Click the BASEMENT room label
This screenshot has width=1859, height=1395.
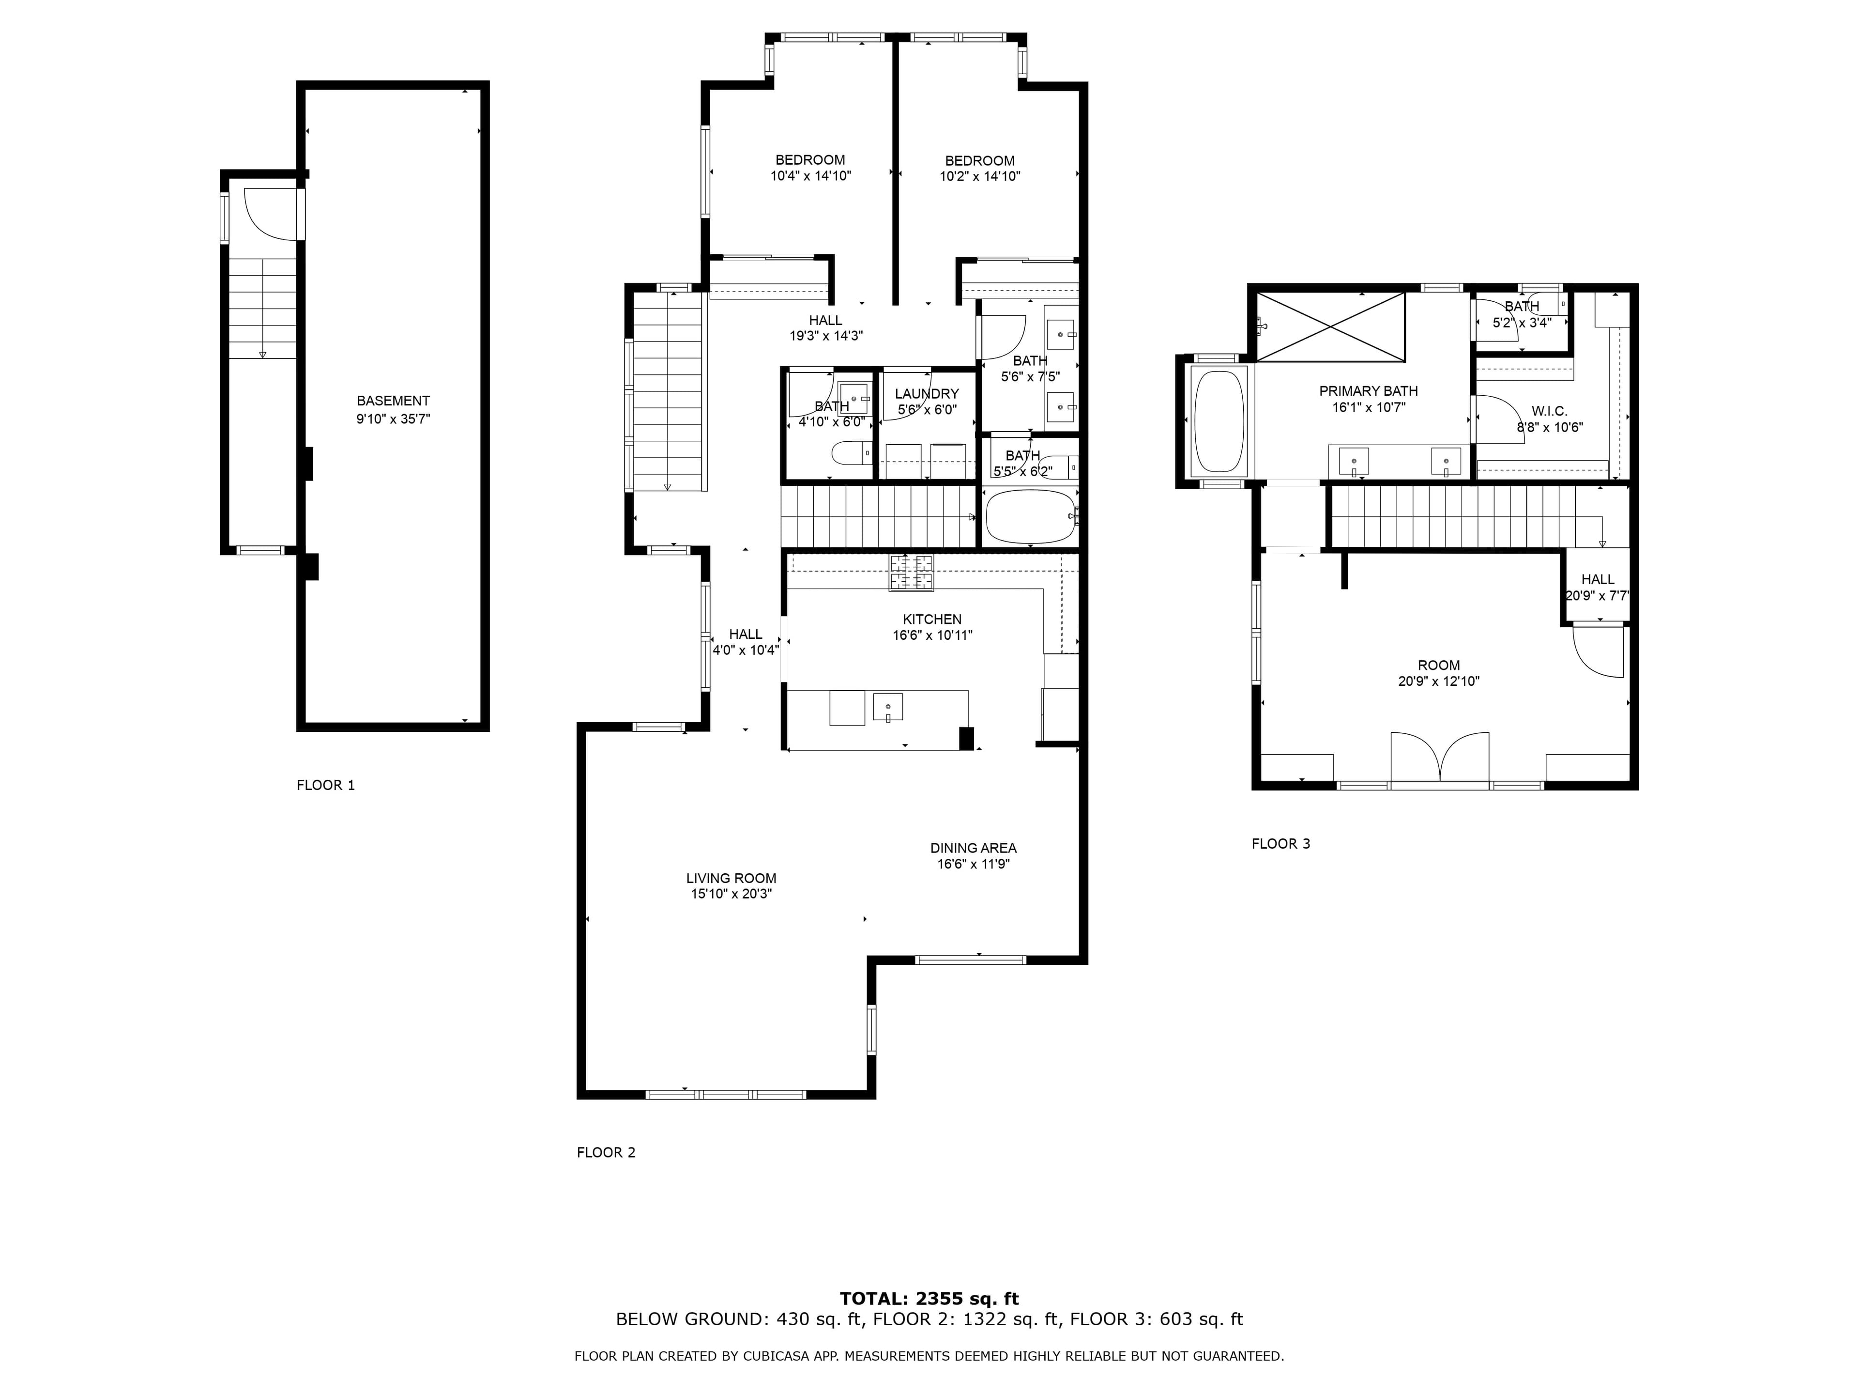pos(393,401)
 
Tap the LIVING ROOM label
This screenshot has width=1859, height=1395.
pos(731,878)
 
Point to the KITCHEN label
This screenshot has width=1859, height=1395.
pos(932,619)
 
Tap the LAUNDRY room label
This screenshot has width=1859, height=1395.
pos(927,393)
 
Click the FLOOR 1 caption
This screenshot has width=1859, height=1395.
pos(326,785)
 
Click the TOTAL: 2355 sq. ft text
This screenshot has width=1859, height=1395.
pos(929,1299)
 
